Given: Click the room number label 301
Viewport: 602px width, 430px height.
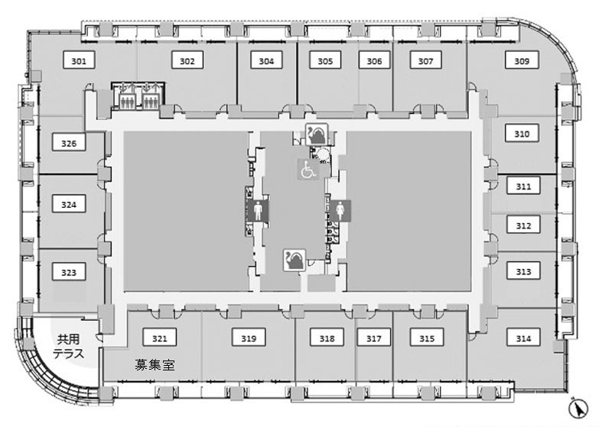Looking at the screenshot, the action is pyautogui.click(x=79, y=60).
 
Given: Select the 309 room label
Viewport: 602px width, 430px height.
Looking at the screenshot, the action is pyautogui.click(x=522, y=60).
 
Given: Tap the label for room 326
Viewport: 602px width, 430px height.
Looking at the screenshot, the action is pyautogui.click(x=69, y=143).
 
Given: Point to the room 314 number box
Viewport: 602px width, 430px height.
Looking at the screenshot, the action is pyautogui.click(x=523, y=338).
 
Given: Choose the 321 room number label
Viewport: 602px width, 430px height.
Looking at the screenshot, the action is pyautogui.click(x=160, y=338).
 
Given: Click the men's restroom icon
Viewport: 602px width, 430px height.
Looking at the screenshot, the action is pyautogui.click(x=258, y=211).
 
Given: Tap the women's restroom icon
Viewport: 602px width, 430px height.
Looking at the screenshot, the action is pyautogui.click(x=340, y=211).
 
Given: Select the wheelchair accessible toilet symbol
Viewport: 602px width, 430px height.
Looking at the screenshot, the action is pyautogui.click(x=309, y=170).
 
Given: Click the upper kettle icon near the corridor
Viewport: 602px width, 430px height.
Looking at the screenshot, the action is pyautogui.click(x=317, y=134).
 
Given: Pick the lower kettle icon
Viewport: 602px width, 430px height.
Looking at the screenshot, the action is pyautogui.click(x=294, y=260).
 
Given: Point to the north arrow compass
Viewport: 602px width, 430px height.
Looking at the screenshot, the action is pyautogui.click(x=578, y=408).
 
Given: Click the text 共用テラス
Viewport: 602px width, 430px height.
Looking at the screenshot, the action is pyautogui.click(x=69, y=346).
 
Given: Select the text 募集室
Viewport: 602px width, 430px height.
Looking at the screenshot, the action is pyautogui.click(x=155, y=364).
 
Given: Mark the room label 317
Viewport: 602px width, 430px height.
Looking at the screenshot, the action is pyautogui.click(x=373, y=338).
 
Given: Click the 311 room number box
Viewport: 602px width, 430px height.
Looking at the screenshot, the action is pyautogui.click(x=523, y=186).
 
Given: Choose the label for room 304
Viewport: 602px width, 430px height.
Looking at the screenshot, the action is pyautogui.click(x=266, y=60).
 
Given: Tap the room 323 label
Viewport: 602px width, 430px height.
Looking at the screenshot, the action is pyautogui.click(x=69, y=272).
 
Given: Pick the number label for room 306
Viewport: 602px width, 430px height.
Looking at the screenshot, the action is pyautogui.click(x=374, y=60).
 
